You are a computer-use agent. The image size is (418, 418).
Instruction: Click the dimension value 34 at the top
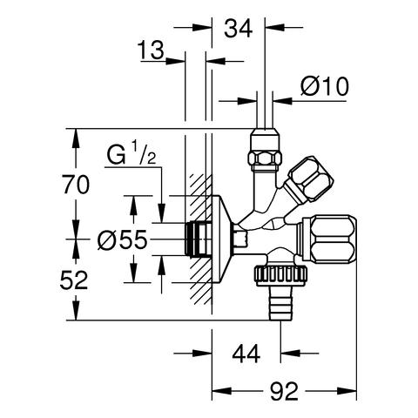pyautogui.click(x=239, y=29)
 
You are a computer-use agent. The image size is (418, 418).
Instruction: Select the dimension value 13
pyautogui.click(x=151, y=50)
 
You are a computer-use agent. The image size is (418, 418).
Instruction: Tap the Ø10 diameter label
pyautogui.click(x=325, y=86)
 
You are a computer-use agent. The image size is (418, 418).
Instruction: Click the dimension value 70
pyautogui.click(x=76, y=185)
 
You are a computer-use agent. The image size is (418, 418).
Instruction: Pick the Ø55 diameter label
pyautogui.click(x=122, y=239)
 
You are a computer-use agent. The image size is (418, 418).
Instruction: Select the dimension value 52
pyautogui.click(x=74, y=280)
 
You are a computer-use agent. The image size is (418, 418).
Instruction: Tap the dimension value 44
pyautogui.click(x=246, y=354)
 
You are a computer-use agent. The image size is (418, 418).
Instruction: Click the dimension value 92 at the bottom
pyautogui.click(x=284, y=391)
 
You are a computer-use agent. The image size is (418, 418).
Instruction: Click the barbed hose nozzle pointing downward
pyautogui.click(x=280, y=303)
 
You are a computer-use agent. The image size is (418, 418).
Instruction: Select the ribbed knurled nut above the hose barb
pyautogui.click(x=280, y=276)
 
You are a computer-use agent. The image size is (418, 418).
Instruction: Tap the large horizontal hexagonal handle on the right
pyautogui.click(x=329, y=239)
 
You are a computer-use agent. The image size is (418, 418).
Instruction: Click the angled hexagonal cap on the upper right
pyautogui.click(x=309, y=179)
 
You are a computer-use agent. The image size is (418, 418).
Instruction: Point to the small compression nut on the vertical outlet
pyautogui.click(x=265, y=149)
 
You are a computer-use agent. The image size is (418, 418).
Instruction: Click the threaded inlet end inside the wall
pyautogui.click(x=199, y=239)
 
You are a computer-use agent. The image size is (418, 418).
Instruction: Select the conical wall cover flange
pyautogui.click(x=223, y=239)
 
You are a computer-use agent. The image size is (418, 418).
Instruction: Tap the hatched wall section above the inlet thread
pyautogui.click(x=200, y=198)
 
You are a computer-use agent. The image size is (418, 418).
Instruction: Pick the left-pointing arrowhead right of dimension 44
pyautogui.click(x=290, y=354)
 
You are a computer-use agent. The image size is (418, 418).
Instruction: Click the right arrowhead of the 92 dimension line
pyautogui.click(x=347, y=391)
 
